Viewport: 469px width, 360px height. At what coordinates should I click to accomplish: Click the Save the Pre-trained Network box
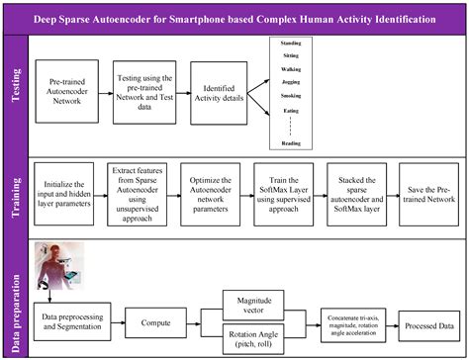tap(426, 190)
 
